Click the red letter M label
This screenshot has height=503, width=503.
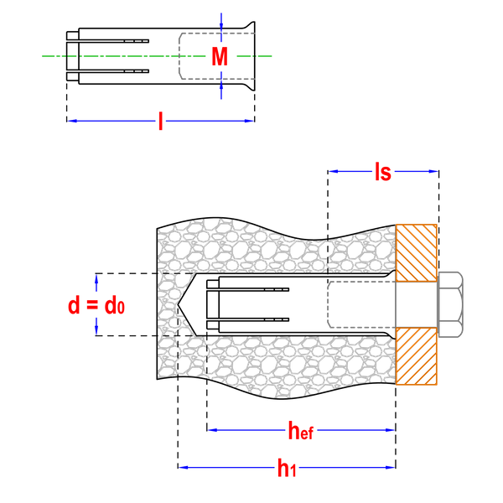[220, 57]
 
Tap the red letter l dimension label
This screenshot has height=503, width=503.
[160, 122]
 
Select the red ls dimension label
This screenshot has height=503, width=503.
[383, 172]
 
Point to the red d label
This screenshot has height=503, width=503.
[74, 306]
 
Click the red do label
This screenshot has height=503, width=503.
[114, 306]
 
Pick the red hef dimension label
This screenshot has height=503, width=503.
[300, 432]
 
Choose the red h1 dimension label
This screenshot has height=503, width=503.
[287, 469]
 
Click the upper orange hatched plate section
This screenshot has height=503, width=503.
[416, 251]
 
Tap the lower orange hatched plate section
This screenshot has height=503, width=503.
[416, 356]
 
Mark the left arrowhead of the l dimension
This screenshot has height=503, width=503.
[73, 122]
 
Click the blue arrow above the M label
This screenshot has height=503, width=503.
[221, 20]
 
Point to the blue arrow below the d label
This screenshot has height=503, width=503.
[96, 326]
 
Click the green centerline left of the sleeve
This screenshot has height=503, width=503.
[109, 56]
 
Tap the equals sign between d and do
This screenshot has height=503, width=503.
[93, 306]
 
